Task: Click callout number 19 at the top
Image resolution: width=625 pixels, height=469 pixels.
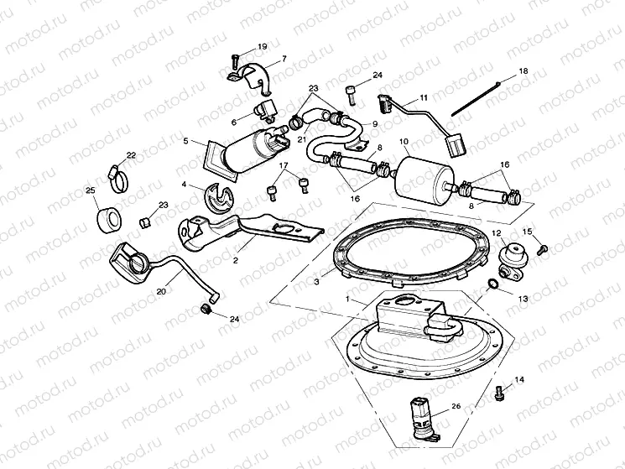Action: [263, 46]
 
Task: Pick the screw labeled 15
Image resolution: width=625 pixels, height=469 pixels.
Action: [542, 248]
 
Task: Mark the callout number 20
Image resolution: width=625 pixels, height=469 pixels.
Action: [160, 290]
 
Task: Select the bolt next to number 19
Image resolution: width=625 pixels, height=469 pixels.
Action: [236, 60]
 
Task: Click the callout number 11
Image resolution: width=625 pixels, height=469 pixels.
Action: [424, 98]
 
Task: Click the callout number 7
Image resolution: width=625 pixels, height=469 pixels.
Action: [283, 59]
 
